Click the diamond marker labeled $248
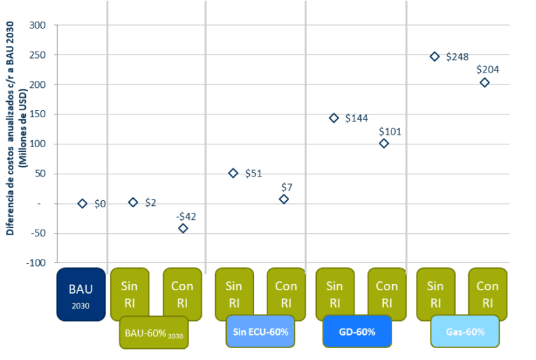434,57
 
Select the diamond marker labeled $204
484,82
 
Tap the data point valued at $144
334,118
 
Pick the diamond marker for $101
384,143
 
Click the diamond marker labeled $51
233,173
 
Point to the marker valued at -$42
183,228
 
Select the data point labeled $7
283,199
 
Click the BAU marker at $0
82,203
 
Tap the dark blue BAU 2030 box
80,294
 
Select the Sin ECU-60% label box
260,331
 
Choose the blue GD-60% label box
357,331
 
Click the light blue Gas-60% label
465,331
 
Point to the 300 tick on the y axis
38,25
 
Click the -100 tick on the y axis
36,263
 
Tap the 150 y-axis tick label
38,114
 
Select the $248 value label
458,57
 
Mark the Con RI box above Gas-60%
487,294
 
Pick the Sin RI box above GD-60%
334,294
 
